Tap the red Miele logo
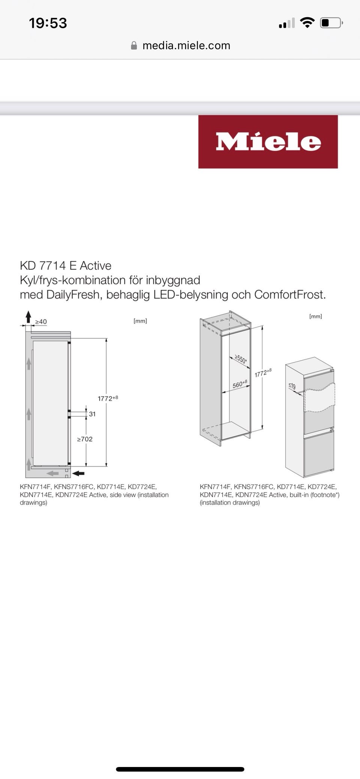[x=268, y=142]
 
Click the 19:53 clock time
[x=48, y=23]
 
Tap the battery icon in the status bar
[x=331, y=23]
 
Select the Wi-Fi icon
[x=307, y=23]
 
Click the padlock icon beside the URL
[x=134, y=45]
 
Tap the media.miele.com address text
[x=186, y=45]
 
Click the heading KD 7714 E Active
[x=66, y=265]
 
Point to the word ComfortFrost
[x=289, y=295]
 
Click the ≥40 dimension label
[x=41, y=322]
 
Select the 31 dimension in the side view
[x=92, y=414]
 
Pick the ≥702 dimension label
[x=85, y=439]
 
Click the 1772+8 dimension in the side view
[x=108, y=398]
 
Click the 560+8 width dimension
[x=240, y=384]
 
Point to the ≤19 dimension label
[x=292, y=386]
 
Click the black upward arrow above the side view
[x=28, y=317]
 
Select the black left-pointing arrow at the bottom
[x=78, y=473]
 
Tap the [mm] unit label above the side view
[x=140, y=321]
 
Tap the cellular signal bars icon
[x=286, y=23]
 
